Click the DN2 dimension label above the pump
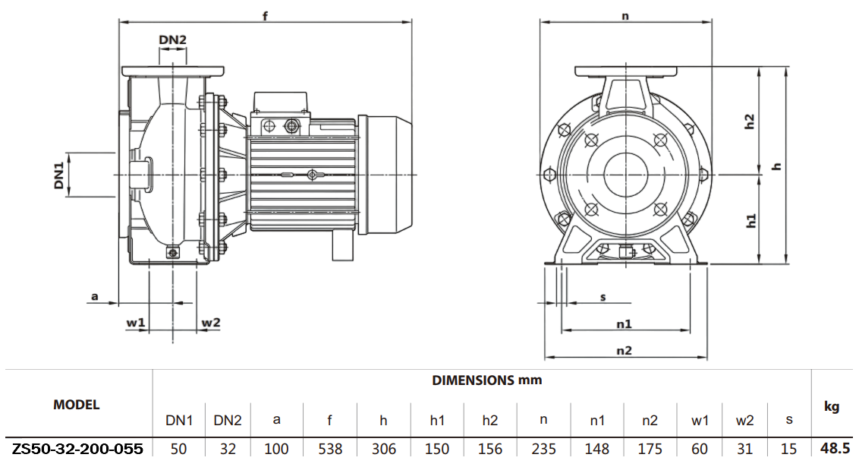pos(172,40)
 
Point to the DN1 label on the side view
pos(59,175)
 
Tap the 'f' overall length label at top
pos(265,15)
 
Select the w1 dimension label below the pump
pos(135,323)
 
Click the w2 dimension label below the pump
pos(210,323)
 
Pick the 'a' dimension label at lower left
pos(95,296)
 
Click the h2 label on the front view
pos(750,121)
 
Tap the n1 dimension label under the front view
pos(624,323)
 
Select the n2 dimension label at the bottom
pos(624,350)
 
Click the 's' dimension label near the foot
pos(603,297)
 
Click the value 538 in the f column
pos(329,449)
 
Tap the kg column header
pos(832,407)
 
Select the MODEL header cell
pos(76,405)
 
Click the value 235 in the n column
pos(544,449)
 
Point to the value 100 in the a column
pos(276,449)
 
